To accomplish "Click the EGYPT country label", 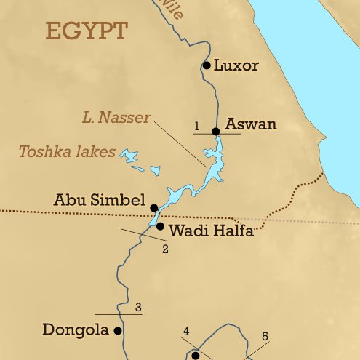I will coord(87,31).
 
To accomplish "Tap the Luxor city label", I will coord(236,65).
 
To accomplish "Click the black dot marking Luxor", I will coord(207,65).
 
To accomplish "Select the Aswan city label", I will coord(251,124).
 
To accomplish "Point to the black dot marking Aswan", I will coord(215,132).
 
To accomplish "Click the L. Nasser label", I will coord(116,117).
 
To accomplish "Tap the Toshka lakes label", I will coord(67,152).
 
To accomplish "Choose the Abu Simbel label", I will coord(100,200).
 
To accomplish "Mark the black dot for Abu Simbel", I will coord(154,208).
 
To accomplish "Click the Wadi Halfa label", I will coord(211,232).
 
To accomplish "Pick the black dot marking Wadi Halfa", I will coord(161,226).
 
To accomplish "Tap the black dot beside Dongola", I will coord(117,331).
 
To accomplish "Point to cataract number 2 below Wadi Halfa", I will coord(165,249).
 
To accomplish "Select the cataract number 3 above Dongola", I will coord(137,307).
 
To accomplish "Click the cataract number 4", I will coord(186,332).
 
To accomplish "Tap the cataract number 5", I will coord(265,336).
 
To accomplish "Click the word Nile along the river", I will coord(172,9).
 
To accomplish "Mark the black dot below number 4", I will coord(195,356).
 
